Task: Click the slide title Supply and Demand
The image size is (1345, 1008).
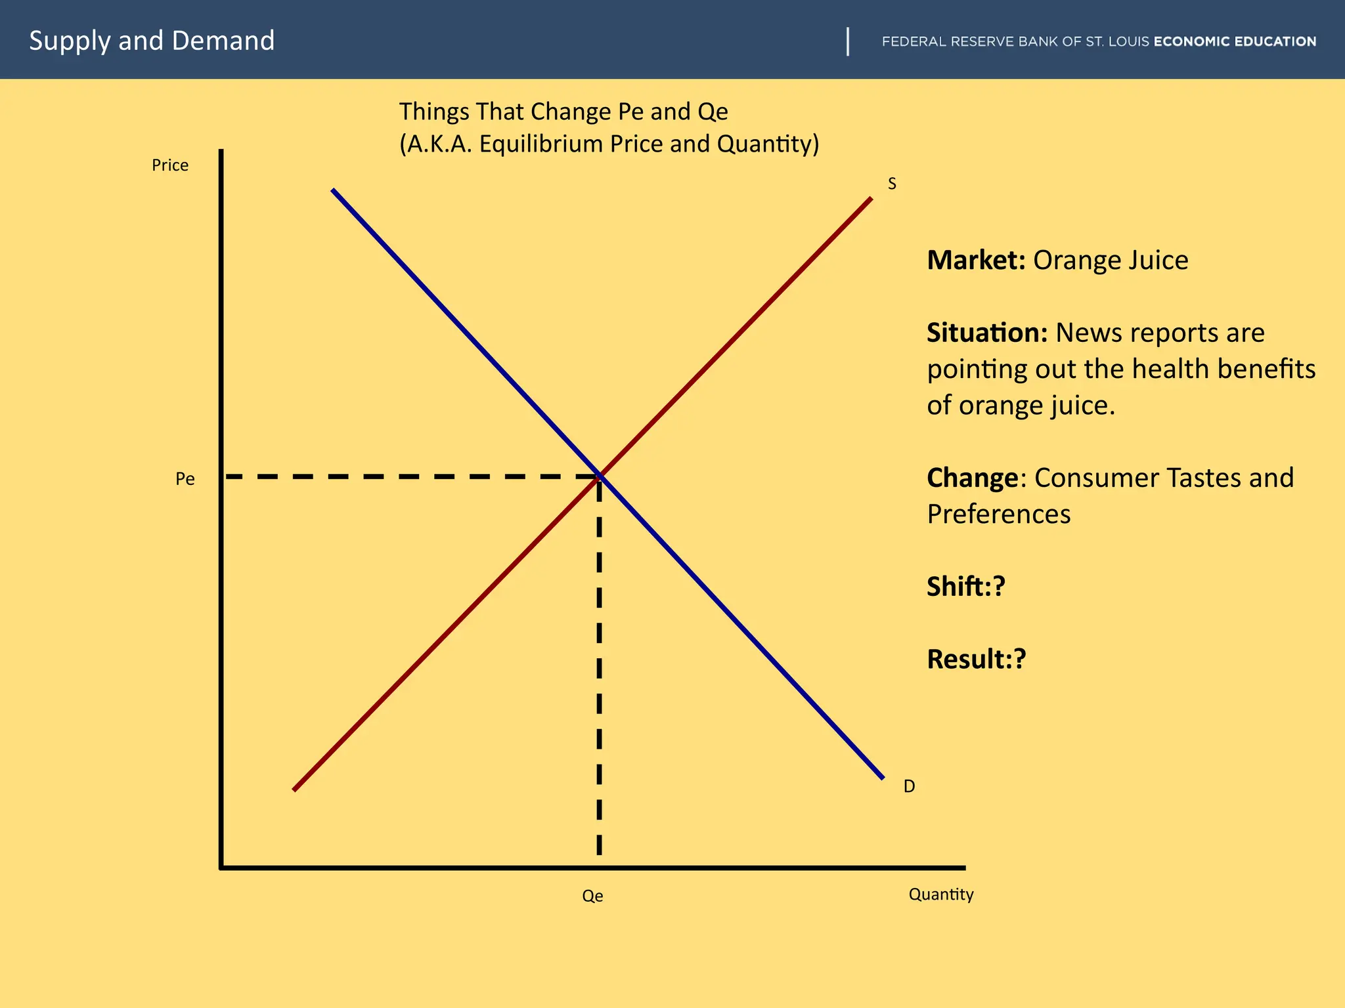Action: [x=152, y=41]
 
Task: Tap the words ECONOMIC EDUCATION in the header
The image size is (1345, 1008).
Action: [x=1235, y=41]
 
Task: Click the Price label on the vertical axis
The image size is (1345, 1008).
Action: [x=170, y=165]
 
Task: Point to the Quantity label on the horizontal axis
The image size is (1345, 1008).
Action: [x=940, y=894]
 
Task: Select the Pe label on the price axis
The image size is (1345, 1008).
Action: [x=185, y=479]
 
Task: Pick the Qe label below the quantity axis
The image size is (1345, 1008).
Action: [x=592, y=896]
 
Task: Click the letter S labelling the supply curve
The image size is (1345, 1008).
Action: [x=892, y=184]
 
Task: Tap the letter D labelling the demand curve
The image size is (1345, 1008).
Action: [x=909, y=786]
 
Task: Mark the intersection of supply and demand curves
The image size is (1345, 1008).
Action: [x=600, y=476]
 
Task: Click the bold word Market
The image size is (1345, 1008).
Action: [x=975, y=261]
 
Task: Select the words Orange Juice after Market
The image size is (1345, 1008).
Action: [x=1111, y=261]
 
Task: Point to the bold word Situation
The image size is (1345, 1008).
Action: [x=986, y=333]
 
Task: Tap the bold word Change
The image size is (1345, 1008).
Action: [x=973, y=478]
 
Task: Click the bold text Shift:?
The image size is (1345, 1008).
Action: [x=966, y=587]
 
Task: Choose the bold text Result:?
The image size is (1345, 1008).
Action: [x=976, y=660]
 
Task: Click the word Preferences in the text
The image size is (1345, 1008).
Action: [x=998, y=514]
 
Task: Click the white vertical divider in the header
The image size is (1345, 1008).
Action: [x=848, y=41]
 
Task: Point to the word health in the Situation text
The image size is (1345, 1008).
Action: [x=1172, y=369]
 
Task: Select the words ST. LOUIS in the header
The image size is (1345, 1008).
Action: [x=1117, y=41]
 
